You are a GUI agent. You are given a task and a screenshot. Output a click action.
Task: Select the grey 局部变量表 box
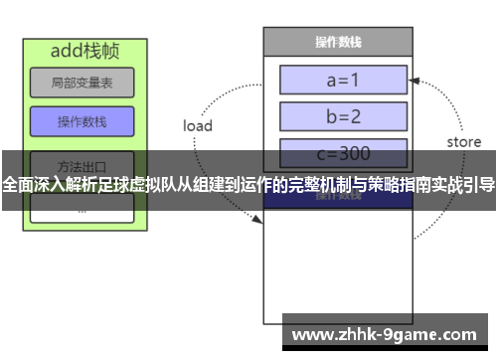(82, 84)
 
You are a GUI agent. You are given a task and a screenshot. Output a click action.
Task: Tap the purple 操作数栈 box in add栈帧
(82, 121)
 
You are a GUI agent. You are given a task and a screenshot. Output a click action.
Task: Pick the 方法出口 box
(82, 164)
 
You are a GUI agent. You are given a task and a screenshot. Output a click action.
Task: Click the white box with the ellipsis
(82, 208)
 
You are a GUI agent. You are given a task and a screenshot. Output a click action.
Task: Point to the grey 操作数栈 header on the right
(337, 42)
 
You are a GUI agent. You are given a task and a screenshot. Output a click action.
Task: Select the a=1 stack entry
(344, 79)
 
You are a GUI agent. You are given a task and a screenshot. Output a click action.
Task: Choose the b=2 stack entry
(344, 115)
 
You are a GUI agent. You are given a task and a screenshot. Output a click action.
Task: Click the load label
(198, 125)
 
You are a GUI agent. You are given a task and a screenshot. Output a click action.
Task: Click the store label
(463, 142)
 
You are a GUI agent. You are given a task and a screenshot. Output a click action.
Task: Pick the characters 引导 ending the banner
(477, 184)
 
